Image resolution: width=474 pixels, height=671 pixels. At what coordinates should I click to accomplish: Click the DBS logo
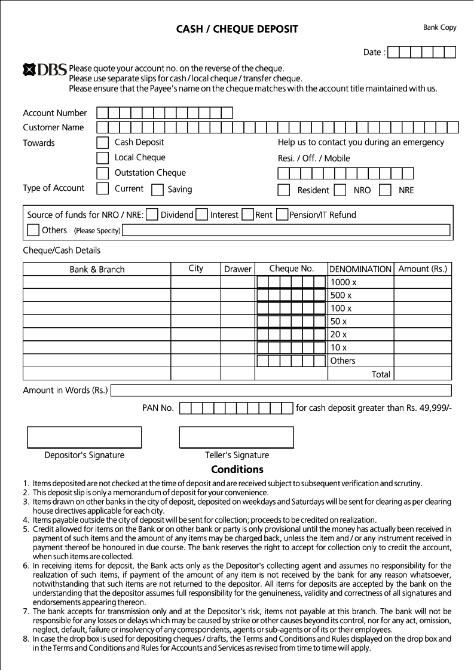44,71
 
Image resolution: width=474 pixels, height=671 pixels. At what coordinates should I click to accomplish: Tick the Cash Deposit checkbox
103,143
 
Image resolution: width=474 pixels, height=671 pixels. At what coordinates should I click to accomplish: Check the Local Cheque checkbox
103,158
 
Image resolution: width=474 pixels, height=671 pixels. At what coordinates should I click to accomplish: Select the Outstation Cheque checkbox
103,173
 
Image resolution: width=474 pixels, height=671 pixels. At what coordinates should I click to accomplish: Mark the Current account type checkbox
103,189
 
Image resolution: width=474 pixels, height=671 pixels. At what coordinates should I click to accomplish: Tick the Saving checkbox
157,190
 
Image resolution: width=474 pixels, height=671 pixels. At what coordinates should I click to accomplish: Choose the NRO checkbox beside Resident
340,190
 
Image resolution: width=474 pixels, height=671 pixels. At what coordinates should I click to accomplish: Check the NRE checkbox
386,190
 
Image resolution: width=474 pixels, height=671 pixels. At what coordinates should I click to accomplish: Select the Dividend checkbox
152,215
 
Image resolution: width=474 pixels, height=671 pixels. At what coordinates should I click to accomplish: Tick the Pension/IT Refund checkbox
282,215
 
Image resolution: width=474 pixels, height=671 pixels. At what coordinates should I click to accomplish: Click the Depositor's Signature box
84,437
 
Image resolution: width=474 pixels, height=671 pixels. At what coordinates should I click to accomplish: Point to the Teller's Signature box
237,437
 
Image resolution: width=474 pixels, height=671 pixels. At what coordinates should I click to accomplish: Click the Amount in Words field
281,391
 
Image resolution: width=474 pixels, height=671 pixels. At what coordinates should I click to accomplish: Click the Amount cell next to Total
422,374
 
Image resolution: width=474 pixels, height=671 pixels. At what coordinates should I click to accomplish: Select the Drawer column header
238,269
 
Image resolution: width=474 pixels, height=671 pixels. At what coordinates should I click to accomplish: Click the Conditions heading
237,469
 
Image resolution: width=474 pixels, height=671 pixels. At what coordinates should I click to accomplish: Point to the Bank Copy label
439,28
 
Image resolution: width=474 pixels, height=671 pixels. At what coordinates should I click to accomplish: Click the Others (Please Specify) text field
286,230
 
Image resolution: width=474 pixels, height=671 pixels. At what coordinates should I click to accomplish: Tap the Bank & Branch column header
97,270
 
